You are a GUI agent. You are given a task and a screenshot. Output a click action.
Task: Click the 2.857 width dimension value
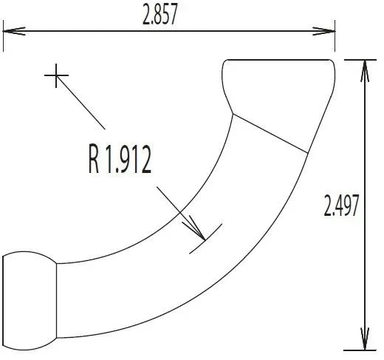160,15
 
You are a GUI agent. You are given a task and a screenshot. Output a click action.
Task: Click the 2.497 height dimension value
341,206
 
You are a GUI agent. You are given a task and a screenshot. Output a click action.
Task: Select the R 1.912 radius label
120,159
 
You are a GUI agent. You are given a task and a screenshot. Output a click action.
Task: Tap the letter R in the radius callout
94,159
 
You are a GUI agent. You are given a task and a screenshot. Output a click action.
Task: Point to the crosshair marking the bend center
56,75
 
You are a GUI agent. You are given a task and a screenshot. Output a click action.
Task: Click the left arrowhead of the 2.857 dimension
14,31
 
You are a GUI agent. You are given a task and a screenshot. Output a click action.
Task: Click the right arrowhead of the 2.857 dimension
324,31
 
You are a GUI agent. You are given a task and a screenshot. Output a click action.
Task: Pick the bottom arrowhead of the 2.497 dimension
365,339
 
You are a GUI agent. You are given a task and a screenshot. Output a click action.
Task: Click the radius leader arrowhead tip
205,240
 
